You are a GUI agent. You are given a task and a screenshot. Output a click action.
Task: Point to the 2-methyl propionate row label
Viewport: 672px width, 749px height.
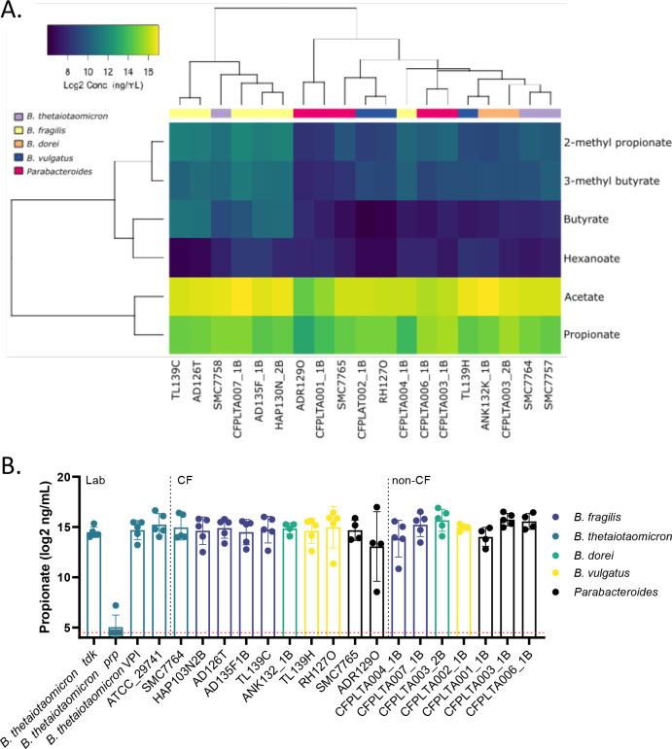(x=617, y=142)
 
